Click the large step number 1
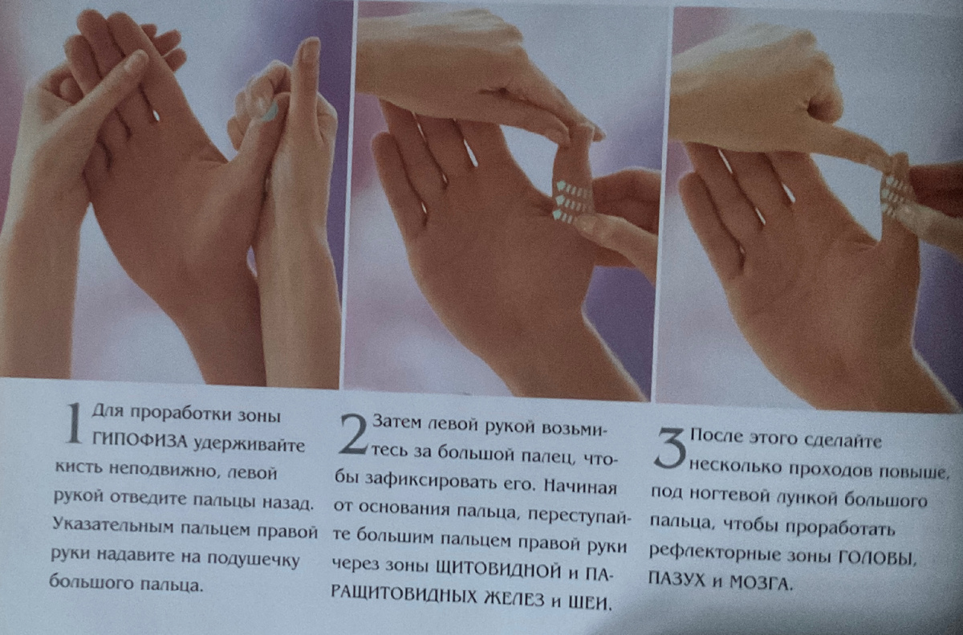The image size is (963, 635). [73, 424]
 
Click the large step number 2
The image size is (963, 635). [354, 435]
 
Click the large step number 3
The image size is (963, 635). [670, 449]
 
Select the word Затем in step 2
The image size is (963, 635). [398, 422]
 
